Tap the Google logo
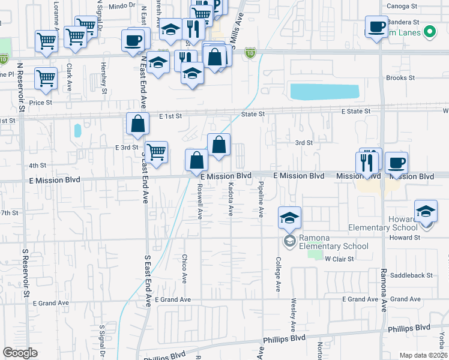tap(20, 352)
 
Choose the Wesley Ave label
tap(294, 315)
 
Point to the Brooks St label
tap(400, 78)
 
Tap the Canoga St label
tap(402, 6)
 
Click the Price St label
tap(41, 103)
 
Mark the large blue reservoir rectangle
tap(324, 91)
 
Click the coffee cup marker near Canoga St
tap(376, 28)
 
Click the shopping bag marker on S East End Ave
tap(138, 124)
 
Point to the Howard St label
tap(403, 238)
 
